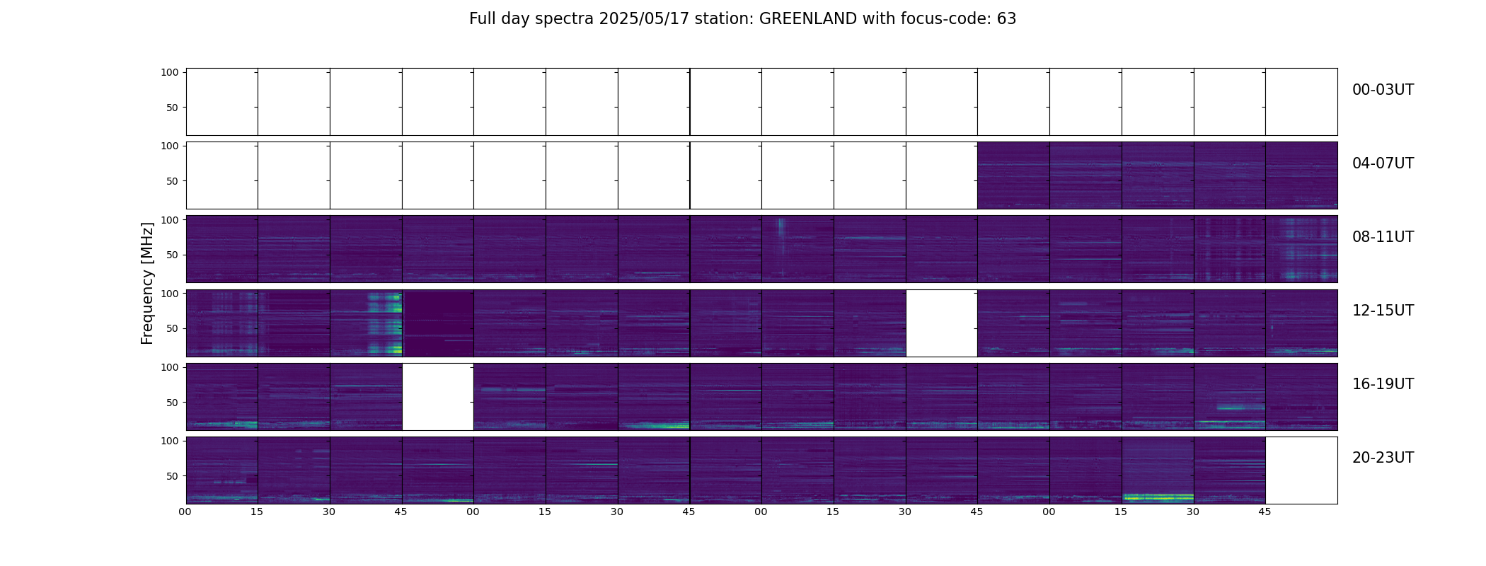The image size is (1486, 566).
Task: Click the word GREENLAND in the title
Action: click(x=808, y=19)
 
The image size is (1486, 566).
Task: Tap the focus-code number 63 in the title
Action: click(x=1007, y=19)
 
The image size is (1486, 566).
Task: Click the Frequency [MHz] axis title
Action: click(x=147, y=283)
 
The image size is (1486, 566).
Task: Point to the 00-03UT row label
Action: click(x=1383, y=90)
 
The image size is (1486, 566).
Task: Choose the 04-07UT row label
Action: click(x=1383, y=163)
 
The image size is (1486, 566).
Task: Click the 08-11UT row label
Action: click(x=1383, y=237)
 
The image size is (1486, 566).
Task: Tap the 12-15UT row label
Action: click(x=1383, y=311)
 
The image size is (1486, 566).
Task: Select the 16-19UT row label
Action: click(x=1383, y=384)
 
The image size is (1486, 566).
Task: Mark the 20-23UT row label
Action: click(x=1383, y=458)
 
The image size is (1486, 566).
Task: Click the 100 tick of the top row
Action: click(x=169, y=72)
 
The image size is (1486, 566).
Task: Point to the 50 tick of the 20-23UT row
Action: click(x=172, y=476)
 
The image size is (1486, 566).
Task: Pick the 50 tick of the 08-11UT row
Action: click(x=172, y=255)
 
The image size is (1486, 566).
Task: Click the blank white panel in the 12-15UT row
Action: click(x=941, y=323)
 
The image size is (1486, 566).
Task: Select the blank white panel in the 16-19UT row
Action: click(x=437, y=396)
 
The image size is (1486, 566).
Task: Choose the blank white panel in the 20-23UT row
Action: click(x=1301, y=470)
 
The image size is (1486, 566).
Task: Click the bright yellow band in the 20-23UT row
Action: click(x=1158, y=497)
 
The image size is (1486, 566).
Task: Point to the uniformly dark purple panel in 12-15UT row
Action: click(x=437, y=323)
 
